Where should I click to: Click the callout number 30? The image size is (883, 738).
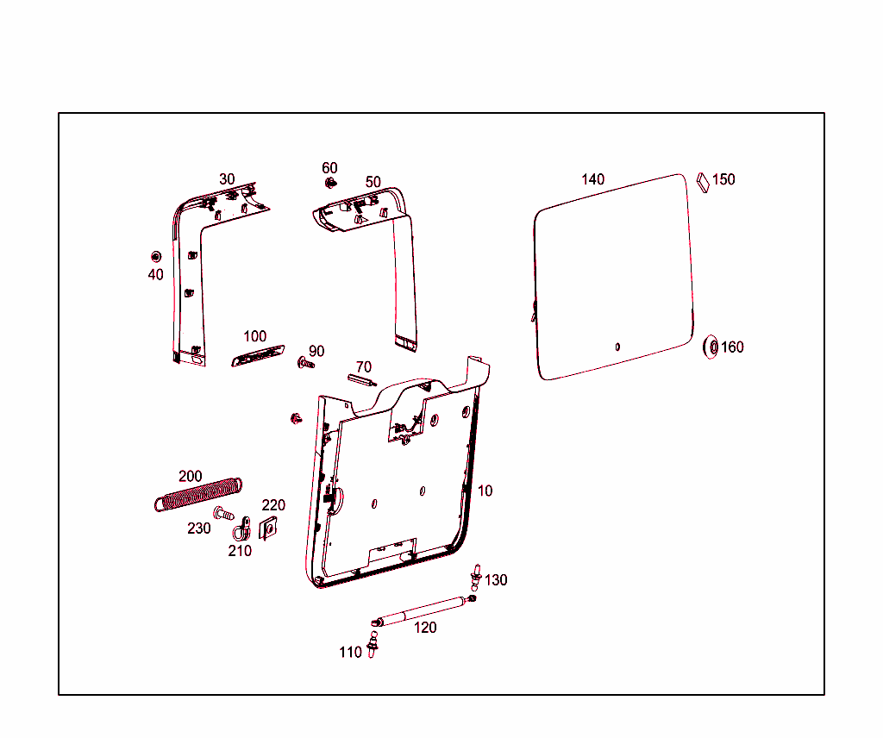[227, 179]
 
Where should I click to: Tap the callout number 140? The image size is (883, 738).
[593, 179]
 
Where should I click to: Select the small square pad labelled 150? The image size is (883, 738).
[701, 181]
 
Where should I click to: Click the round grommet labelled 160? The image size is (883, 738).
[712, 347]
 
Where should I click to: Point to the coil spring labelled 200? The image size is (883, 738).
[197, 494]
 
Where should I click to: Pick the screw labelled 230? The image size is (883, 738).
[223, 514]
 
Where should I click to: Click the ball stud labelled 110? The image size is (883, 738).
[373, 644]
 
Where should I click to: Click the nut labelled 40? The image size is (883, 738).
[156, 256]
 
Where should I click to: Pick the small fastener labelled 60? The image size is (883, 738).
[329, 183]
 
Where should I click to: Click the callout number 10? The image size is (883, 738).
[485, 491]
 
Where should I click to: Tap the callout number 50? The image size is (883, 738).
[373, 182]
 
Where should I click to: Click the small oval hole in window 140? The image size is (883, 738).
[617, 347]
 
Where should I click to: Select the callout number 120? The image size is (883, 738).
[425, 628]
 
